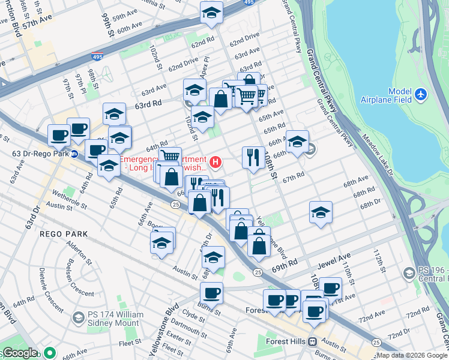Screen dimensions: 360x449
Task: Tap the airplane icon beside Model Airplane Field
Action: click(x=421, y=95)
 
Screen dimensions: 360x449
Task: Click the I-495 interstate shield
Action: click(x=97, y=57)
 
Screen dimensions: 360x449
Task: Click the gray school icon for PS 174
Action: click(x=78, y=317)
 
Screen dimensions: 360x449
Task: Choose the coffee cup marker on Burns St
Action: click(x=211, y=293)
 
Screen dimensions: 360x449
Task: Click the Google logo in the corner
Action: click(x=20, y=353)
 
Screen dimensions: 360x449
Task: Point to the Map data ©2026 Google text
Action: click(x=412, y=355)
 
